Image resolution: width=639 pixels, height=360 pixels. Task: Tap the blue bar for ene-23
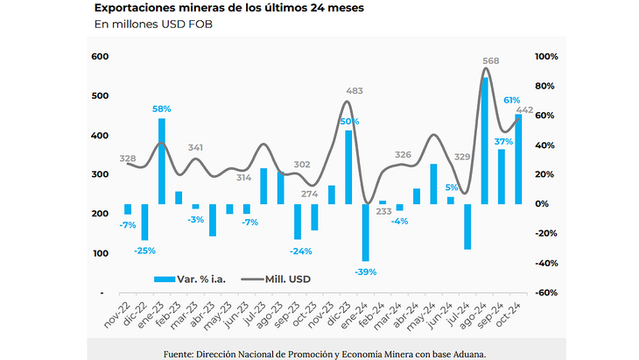tap(162, 161)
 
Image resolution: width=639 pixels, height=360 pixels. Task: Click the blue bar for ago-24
tap(485, 140)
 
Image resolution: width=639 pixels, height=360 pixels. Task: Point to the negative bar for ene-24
tap(365, 232)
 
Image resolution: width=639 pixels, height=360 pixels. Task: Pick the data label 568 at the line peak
tap(491, 61)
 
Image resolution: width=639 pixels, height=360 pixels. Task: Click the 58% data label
tap(162, 109)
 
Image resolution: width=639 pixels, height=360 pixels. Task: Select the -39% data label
tap(365, 272)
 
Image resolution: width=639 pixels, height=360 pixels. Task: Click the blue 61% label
tap(512, 100)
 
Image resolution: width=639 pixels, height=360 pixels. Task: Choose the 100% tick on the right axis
tap(546, 57)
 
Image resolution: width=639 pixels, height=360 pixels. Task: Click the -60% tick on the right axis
tap(546, 293)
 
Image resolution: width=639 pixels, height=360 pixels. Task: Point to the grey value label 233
tap(383, 211)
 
